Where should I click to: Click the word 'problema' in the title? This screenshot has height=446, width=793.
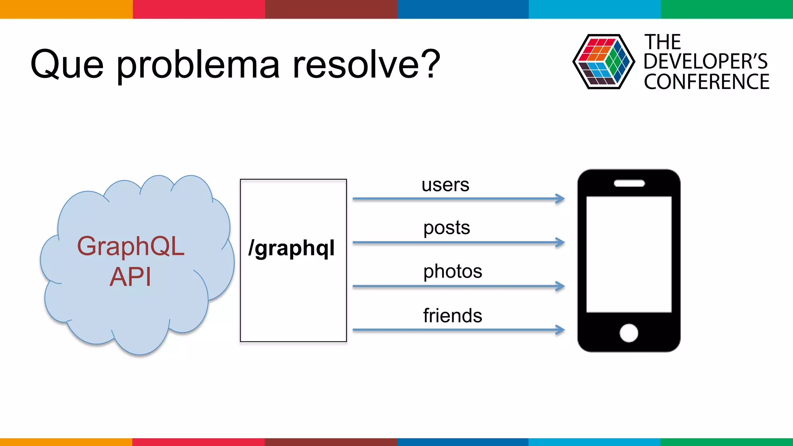198,65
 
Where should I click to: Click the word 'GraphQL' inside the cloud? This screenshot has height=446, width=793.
130,246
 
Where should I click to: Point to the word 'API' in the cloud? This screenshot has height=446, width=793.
130,277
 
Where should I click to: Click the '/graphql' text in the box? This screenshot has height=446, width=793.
292,248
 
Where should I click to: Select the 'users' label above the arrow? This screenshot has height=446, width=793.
445,185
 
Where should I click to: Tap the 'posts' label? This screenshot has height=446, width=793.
446,228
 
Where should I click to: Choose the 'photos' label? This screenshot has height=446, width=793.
453,271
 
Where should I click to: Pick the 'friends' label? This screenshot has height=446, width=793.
453,316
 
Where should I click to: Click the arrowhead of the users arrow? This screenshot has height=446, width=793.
560,199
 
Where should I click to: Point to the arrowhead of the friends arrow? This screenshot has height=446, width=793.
560,330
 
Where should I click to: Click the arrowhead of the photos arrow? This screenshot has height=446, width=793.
560,286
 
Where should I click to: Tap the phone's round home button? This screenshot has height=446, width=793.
628,333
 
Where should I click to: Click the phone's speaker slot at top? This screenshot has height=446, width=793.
629,184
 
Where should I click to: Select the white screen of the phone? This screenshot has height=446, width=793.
629,254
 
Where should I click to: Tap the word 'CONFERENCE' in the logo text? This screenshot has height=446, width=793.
707,82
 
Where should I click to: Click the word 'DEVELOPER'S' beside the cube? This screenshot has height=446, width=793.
705,62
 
